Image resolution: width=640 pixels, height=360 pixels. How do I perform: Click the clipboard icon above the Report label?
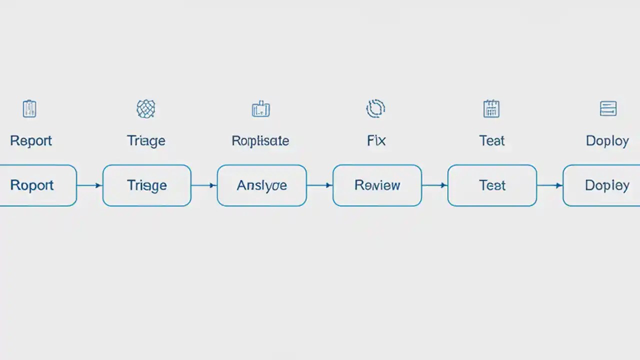point(29,108)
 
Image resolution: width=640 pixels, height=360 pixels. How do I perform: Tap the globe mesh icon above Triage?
point(146,108)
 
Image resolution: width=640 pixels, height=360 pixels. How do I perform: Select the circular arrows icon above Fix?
point(375,108)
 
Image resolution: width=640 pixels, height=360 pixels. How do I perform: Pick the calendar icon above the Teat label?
point(491,108)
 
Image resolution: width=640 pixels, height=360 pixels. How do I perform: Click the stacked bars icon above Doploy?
point(608,108)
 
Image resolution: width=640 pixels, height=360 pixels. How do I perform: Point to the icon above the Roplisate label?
point(260,109)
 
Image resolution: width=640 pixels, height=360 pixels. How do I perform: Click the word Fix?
point(376,141)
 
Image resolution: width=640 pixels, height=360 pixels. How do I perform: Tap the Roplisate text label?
point(260,141)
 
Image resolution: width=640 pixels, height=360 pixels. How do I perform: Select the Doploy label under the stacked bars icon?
point(607,141)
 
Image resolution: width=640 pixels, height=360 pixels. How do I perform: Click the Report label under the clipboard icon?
point(31,141)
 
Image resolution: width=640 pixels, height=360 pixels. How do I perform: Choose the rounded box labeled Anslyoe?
point(261,185)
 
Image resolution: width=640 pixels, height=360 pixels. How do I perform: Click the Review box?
point(377,185)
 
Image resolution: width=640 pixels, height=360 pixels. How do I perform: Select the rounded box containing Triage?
point(146,185)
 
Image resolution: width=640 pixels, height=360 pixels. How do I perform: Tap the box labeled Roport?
point(35,185)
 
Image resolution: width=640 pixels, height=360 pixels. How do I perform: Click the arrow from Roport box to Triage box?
point(89,185)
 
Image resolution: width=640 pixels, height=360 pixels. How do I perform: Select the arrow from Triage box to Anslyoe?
point(204,185)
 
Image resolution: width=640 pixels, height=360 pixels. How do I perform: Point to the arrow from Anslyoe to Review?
point(319,185)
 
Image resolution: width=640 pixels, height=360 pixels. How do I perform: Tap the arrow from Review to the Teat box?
point(434,185)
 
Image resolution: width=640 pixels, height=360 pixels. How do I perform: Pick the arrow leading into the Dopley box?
point(549,185)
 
